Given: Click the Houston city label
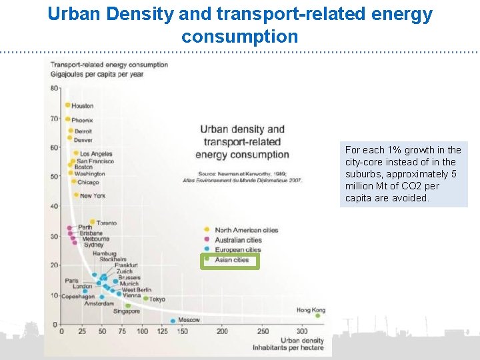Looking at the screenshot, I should pos(83,105).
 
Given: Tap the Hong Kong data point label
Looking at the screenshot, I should pos(311,310).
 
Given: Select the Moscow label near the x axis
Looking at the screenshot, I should pos(189,320).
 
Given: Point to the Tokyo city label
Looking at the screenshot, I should pos(157,299).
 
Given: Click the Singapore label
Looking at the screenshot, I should pos(127,311).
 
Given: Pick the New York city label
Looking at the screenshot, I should pos(93,196).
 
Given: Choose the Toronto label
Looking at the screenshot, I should pos(107,223).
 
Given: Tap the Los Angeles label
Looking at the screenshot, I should pos(96,153).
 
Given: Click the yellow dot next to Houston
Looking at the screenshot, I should pos(67,105).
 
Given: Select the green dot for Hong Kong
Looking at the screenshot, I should pos(318,316).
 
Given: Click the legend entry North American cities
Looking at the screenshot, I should pos(246,230).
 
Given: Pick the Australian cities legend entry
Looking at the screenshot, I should pos(238,240).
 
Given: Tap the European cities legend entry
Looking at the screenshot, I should pos(238,250).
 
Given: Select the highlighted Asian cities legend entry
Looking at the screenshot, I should pos(231,260).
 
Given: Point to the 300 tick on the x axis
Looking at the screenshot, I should pos(302,331).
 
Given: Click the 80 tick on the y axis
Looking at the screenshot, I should pos(53,88).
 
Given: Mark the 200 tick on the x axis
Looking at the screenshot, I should pos(222,331).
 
